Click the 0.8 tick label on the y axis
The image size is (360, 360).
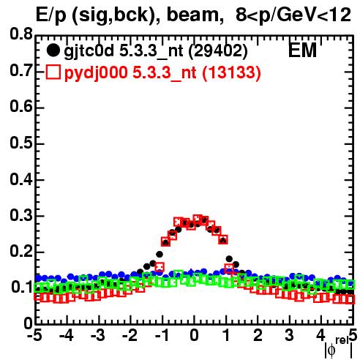pos(21,34)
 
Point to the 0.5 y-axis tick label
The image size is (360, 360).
pos(21,143)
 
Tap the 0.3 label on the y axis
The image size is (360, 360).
pos(21,215)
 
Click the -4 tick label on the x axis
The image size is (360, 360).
pos(67,335)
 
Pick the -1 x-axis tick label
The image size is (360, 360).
pos(162,335)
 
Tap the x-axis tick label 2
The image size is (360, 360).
pos(258,335)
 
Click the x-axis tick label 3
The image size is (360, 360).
pos(289,335)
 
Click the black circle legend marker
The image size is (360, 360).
pos(53,50)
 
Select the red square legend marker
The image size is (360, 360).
pos(53,72)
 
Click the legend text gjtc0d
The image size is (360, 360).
pos(89,51)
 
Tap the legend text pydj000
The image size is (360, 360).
pos(96,73)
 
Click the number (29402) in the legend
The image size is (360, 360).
pos(218,51)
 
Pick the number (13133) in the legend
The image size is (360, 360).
pos(231,72)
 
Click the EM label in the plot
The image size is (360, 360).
pos(302,50)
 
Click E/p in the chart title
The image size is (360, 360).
pos(50,16)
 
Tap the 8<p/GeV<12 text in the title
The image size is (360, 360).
pos(293,15)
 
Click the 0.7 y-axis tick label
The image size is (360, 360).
pos(21,70)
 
